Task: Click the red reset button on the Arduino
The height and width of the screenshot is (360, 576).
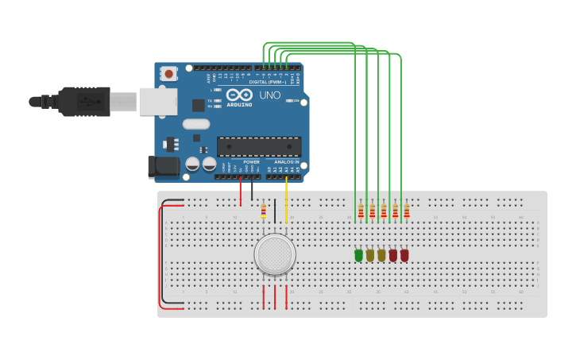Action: tap(168, 73)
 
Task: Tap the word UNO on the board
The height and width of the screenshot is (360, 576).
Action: tap(269, 95)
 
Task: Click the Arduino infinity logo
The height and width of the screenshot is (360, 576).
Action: tap(238, 95)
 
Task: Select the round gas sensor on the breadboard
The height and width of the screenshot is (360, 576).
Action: tap(275, 254)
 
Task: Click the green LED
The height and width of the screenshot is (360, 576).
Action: tap(358, 255)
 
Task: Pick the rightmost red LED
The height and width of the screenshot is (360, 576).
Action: tap(404, 255)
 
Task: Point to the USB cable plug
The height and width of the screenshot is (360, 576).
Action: tap(83, 101)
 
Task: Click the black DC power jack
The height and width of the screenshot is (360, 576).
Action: tap(163, 166)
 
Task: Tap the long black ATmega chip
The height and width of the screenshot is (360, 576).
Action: tap(259, 146)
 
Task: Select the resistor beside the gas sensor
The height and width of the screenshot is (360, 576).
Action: tap(264, 210)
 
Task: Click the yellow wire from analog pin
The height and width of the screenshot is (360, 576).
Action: tap(286, 199)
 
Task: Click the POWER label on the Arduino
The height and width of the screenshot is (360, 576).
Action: tap(251, 161)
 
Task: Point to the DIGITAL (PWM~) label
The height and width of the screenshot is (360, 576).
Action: tap(269, 82)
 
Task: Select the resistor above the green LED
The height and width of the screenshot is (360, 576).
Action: tap(361, 211)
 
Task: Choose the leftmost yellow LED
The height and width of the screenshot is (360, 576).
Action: tap(369, 255)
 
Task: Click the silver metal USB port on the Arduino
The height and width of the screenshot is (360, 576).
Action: tap(157, 101)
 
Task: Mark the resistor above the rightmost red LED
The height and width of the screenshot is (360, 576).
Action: tap(407, 211)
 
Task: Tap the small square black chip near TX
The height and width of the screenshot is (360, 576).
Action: tap(198, 105)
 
